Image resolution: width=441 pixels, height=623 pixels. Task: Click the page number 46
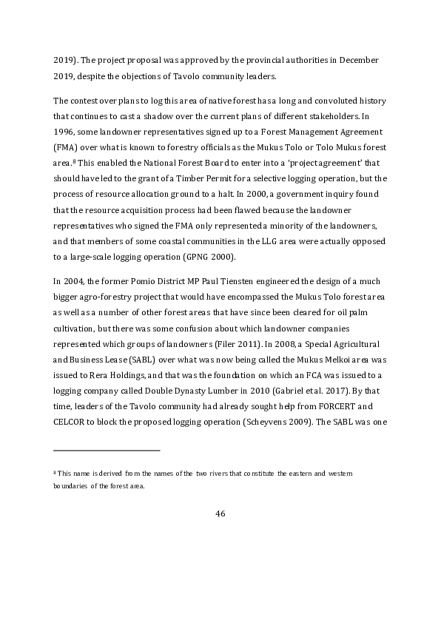220,514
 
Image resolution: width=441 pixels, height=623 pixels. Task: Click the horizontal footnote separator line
107,449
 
